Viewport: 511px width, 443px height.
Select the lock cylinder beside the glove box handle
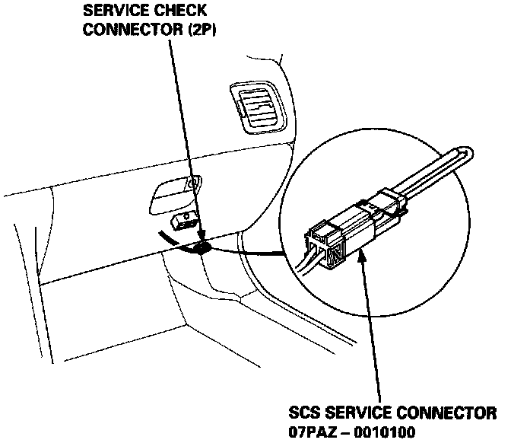pos(194,182)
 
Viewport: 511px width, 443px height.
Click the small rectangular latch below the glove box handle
pos(182,220)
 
